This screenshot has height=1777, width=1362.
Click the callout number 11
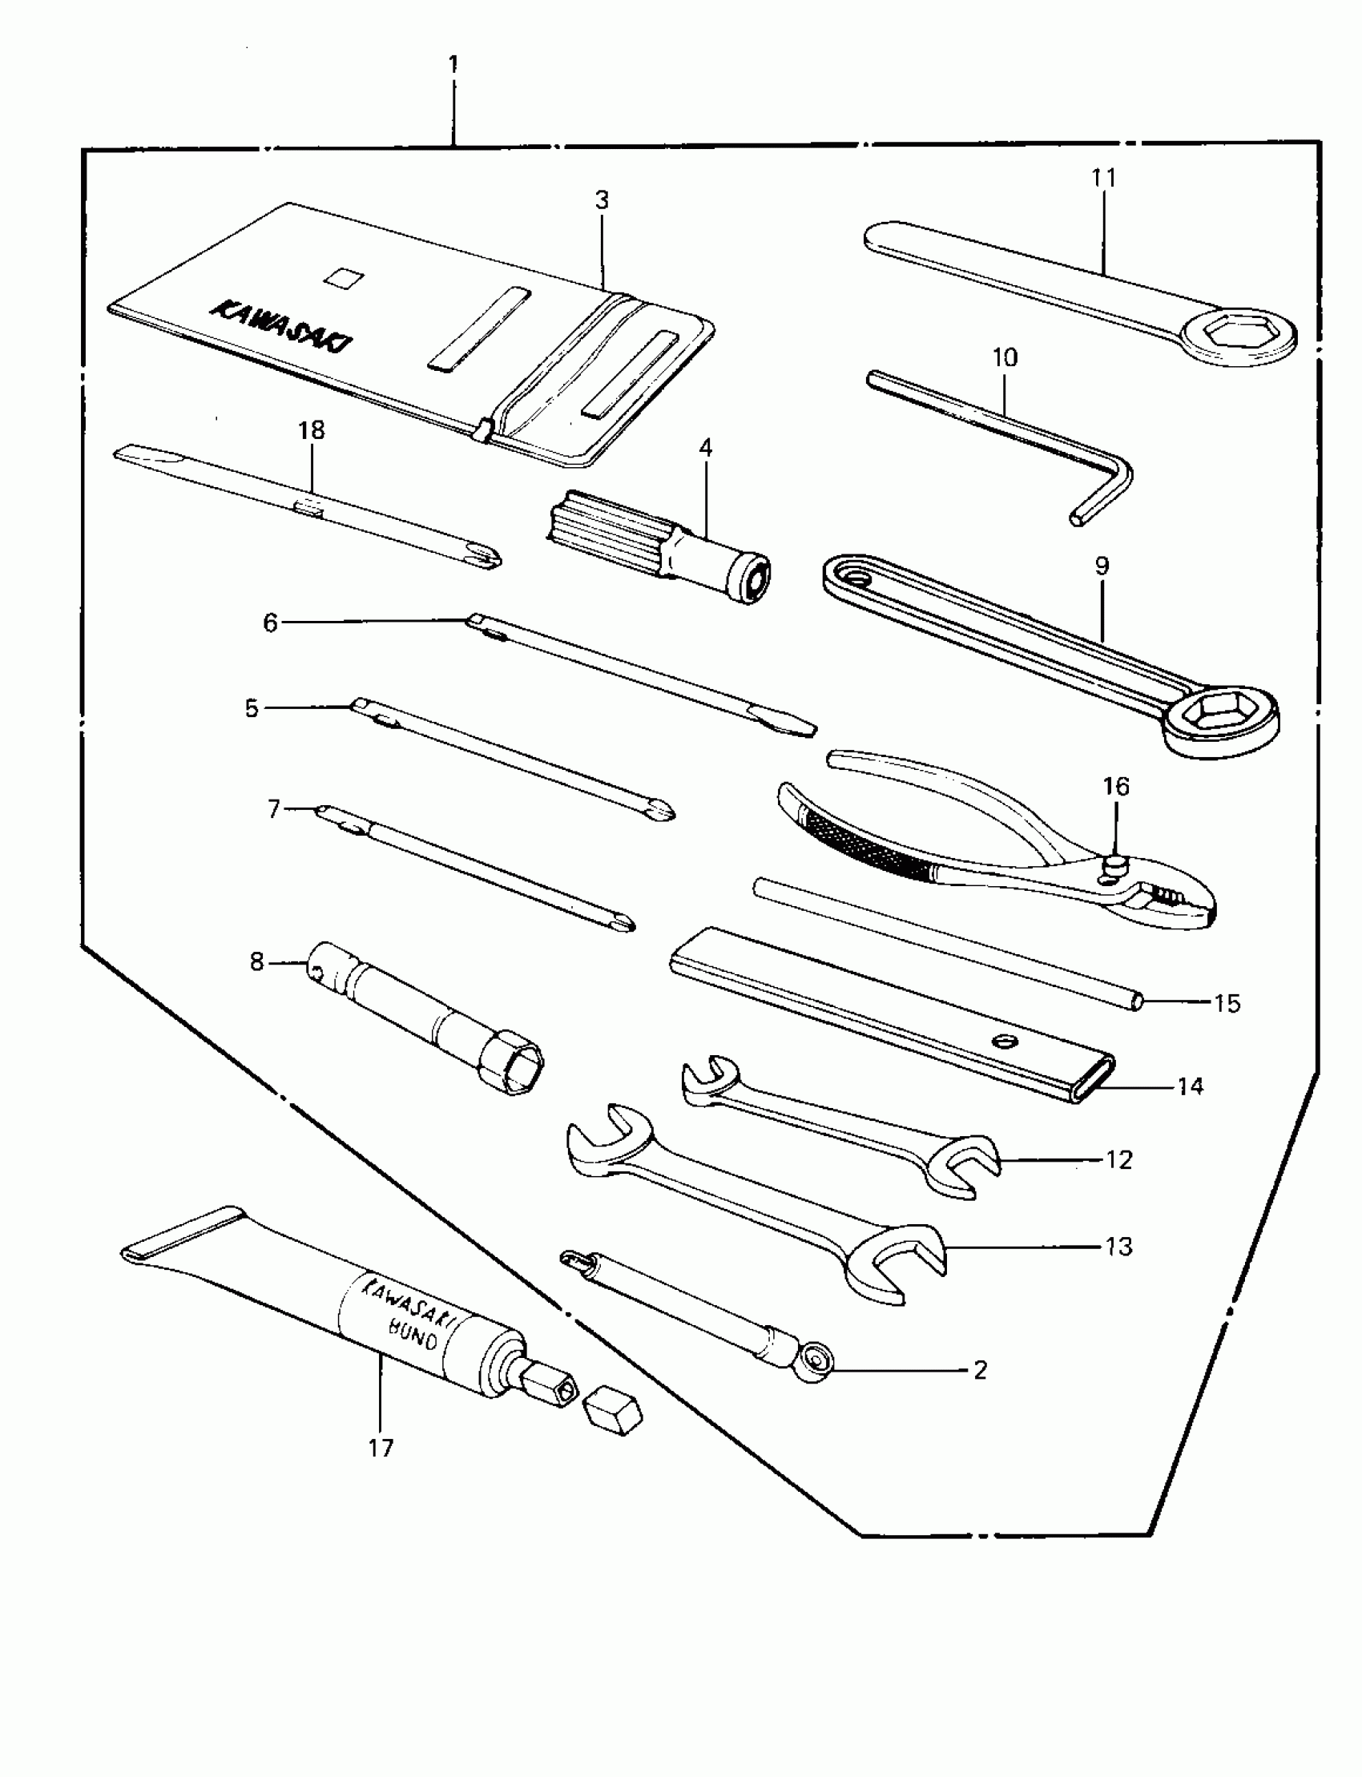tap(1103, 178)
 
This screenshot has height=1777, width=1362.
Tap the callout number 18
tap(312, 429)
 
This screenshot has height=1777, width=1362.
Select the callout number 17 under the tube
tap(381, 1448)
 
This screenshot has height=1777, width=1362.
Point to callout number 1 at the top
tap(453, 64)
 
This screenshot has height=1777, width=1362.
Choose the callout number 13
tap(1118, 1246)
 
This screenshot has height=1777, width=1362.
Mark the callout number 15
tap(1227, 1004)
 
